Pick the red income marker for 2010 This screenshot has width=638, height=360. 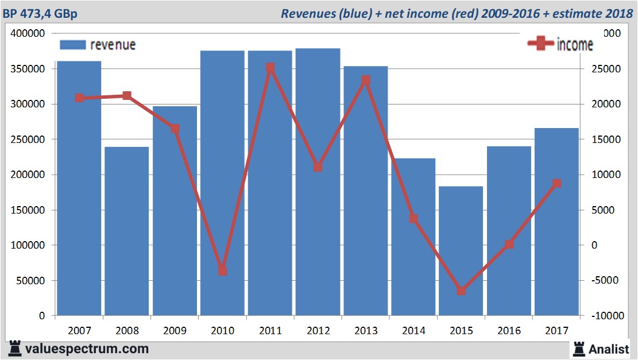(223, 271)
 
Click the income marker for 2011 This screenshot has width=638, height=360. (270, 68)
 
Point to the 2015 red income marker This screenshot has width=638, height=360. (462, 291)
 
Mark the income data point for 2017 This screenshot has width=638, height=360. (556, 184)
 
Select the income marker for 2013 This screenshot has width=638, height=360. (366, 80)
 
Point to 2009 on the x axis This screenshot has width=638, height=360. (175, 331)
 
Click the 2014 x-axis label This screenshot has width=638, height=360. (413, 331)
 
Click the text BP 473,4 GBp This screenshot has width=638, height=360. (40, 13)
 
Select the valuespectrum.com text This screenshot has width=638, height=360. (87, 349)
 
